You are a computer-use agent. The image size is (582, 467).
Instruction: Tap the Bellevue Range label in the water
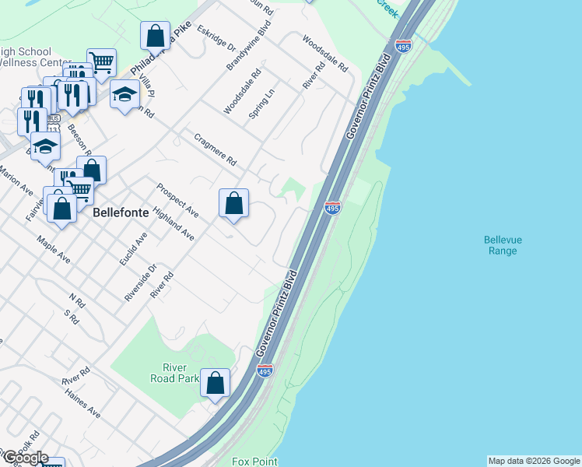[x=500, y=245]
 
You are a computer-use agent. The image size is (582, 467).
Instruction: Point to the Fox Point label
[x=254, y=462]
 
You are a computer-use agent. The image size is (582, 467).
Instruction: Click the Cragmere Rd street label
[x=216, y=149]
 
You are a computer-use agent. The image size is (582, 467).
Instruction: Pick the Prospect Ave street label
[x=177, y=200]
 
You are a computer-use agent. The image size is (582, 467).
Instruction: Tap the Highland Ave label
[x=174, y=223]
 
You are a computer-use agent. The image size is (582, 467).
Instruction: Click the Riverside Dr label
[x=141, y=283]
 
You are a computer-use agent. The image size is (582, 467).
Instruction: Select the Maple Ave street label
[x=54, y=249]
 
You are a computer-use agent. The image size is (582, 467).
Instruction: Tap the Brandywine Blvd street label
[x=248, y=47]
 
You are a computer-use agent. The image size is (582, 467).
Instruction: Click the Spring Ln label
[x=261, y=104]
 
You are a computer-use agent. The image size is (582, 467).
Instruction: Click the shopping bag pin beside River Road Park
[x=216, y=383]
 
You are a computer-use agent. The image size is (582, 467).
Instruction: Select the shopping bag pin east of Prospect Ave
[x=233, y=204]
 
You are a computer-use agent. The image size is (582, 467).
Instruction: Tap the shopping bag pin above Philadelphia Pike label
[x=155, y=36]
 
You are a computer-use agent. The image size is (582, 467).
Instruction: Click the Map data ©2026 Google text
[x=534, y=461]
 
